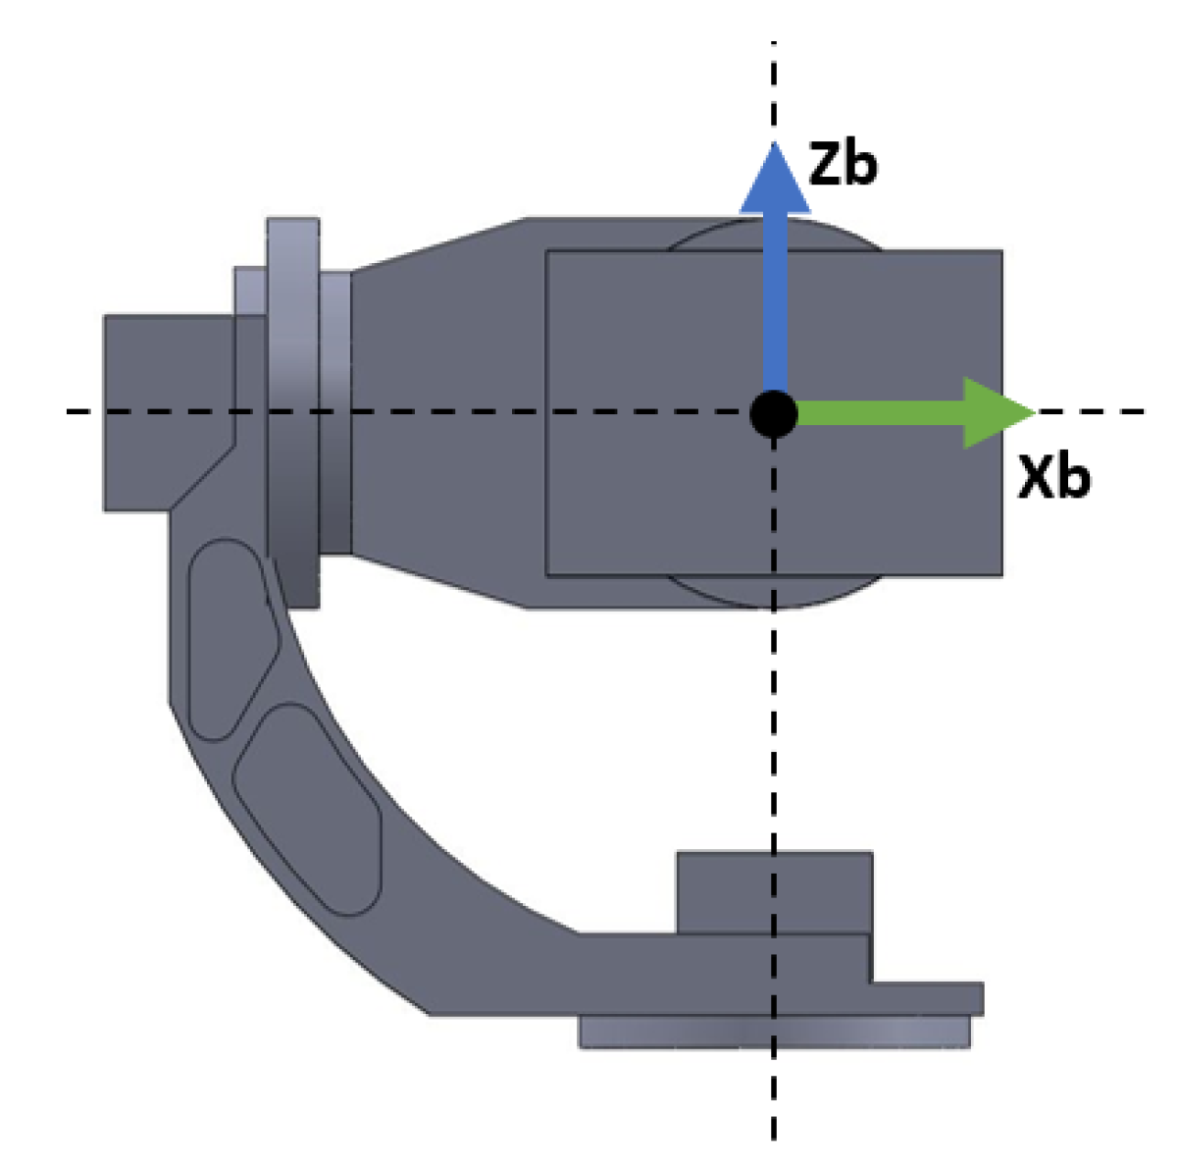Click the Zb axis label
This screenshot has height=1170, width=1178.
(x=843, y=165)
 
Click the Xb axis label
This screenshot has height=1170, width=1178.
(x=1053, y=478)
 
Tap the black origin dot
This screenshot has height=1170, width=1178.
(x=774, y=413)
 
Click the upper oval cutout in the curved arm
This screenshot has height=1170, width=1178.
(x=233, y=638)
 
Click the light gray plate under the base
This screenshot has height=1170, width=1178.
(x=774, y=1032)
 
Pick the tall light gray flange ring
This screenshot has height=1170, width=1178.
(x=292, y=412)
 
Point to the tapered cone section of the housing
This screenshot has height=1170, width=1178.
(x=441, y=412)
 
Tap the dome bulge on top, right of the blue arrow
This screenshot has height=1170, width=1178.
(x=834, y=235)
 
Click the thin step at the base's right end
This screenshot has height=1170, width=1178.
(x=927, y=997)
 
